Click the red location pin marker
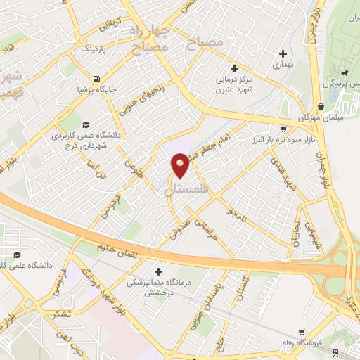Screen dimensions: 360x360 tap(181, 166)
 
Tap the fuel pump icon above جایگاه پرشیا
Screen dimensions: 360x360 tap(96, 79)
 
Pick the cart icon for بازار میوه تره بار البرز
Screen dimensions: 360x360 tap(283, 129)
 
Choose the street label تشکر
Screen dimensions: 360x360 tap(60, 314)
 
